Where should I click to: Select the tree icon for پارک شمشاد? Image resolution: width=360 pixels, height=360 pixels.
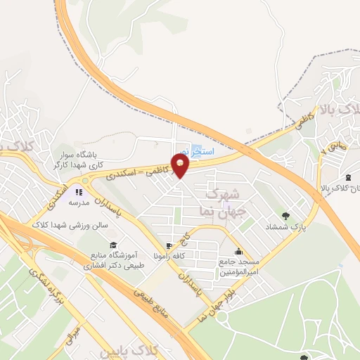(285, 217)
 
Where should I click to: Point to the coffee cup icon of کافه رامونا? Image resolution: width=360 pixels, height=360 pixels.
(169, 246)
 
